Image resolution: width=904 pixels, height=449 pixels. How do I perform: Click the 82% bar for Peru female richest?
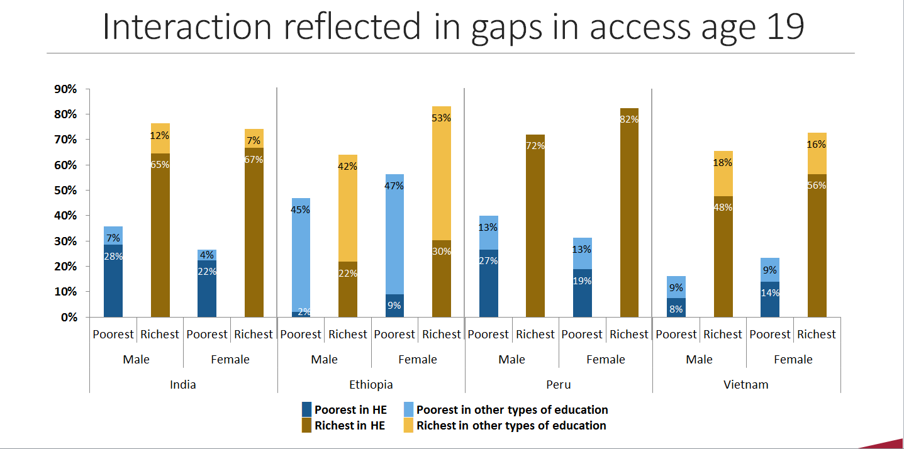(x=628, y=214)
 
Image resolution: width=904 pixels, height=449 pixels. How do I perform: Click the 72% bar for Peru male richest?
(x=535, y=226)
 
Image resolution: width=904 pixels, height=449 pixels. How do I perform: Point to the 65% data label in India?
(x=160, y=165)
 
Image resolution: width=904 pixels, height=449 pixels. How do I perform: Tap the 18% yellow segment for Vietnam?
(x=723, y=174)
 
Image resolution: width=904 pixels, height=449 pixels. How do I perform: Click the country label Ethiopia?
(x=371, y=384)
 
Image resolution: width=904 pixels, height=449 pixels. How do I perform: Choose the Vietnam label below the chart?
(x=746, y=384)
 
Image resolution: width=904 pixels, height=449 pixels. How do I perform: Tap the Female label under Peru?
(x=605, y=359)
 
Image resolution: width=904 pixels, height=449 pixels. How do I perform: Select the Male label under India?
(x=137, y=359)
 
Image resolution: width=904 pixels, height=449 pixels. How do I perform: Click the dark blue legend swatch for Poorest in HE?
(x=306, y=409)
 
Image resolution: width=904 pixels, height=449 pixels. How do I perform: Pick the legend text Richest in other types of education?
(x=511, y=425)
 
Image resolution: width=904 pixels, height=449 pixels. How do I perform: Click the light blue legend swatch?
(x=407, y=409)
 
